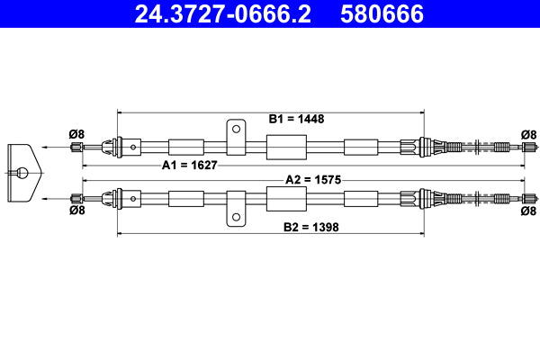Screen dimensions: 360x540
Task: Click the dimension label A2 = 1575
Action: coord(314,179)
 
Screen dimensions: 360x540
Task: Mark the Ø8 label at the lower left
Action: coord(76,211)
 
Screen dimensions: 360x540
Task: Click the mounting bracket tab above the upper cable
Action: coord(236,131)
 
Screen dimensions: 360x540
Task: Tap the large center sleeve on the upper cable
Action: coord(287,146)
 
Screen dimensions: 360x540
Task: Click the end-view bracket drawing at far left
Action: coord(22,171)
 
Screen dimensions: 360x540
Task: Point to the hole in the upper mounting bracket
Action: coord(236,129)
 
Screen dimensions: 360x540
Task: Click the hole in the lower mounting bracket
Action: coord(236,213)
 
